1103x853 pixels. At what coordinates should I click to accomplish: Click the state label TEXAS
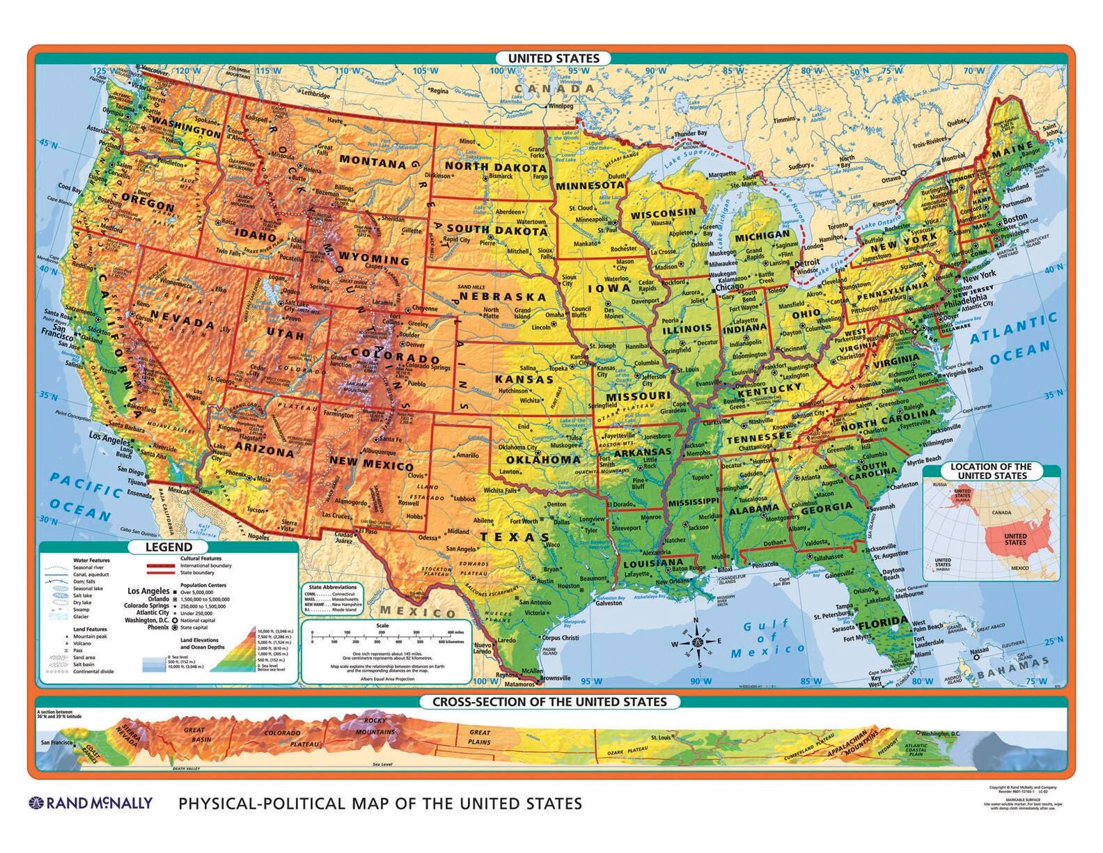(515, 537)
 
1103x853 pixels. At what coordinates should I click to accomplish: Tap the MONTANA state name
(373, 163)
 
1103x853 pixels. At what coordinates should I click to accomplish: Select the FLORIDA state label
(883, 622)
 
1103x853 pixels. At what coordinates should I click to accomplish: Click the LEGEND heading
(169, 547)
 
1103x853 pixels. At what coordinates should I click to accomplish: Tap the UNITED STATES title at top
(553, 58)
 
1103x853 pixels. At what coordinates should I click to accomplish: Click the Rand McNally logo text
(91, 804)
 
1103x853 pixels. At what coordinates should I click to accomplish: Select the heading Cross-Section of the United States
(549, 702)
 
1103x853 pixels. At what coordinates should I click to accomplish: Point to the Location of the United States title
(992, 471)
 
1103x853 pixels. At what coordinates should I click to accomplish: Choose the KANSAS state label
(524, 380)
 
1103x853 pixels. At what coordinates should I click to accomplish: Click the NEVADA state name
(182, 322)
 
